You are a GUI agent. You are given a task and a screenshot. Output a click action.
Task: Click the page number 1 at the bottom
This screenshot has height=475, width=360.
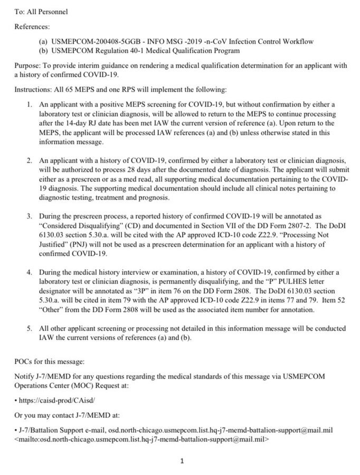182,460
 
